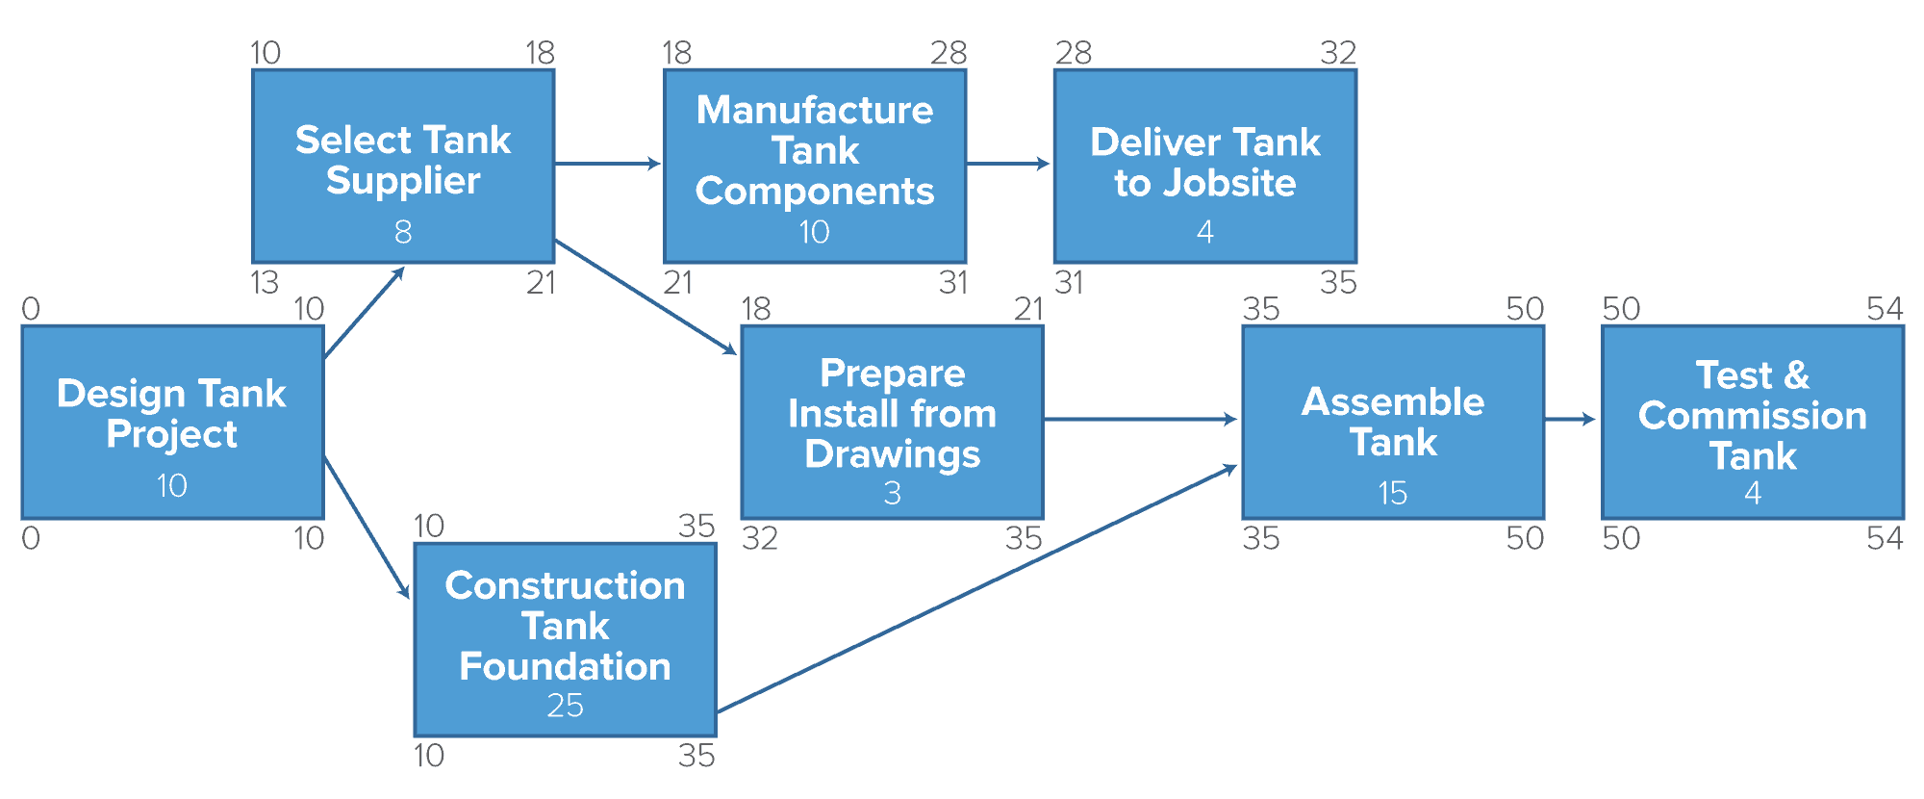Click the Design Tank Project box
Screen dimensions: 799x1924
click(172, 422)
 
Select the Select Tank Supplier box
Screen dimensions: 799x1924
click(403, 166)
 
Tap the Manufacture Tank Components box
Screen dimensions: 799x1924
click(815, 166)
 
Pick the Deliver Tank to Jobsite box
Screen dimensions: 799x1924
click(1204, 166)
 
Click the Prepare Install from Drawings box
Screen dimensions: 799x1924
click(892, 422)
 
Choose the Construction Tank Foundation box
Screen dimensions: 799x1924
click(565, 639)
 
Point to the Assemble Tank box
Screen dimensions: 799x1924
click(1393, 422)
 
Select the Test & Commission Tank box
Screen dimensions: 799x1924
click(1753, 422)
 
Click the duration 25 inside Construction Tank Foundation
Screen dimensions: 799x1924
click(565, 706)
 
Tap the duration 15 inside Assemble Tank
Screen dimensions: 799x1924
click(1393, 493)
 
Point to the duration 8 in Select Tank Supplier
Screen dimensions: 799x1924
click(403, 232)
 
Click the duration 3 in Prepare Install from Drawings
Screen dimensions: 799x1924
click(892, 493)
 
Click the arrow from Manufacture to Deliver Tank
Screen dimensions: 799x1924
click(1008, 164)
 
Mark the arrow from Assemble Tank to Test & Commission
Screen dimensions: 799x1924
click(1570, 419)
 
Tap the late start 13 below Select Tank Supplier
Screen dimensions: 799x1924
click(265, 282)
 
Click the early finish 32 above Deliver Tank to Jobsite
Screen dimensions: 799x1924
click(1337, 53)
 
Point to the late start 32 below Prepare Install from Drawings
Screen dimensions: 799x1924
click(759, 538)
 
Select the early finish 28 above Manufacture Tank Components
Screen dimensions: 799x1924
click(948, 53)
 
